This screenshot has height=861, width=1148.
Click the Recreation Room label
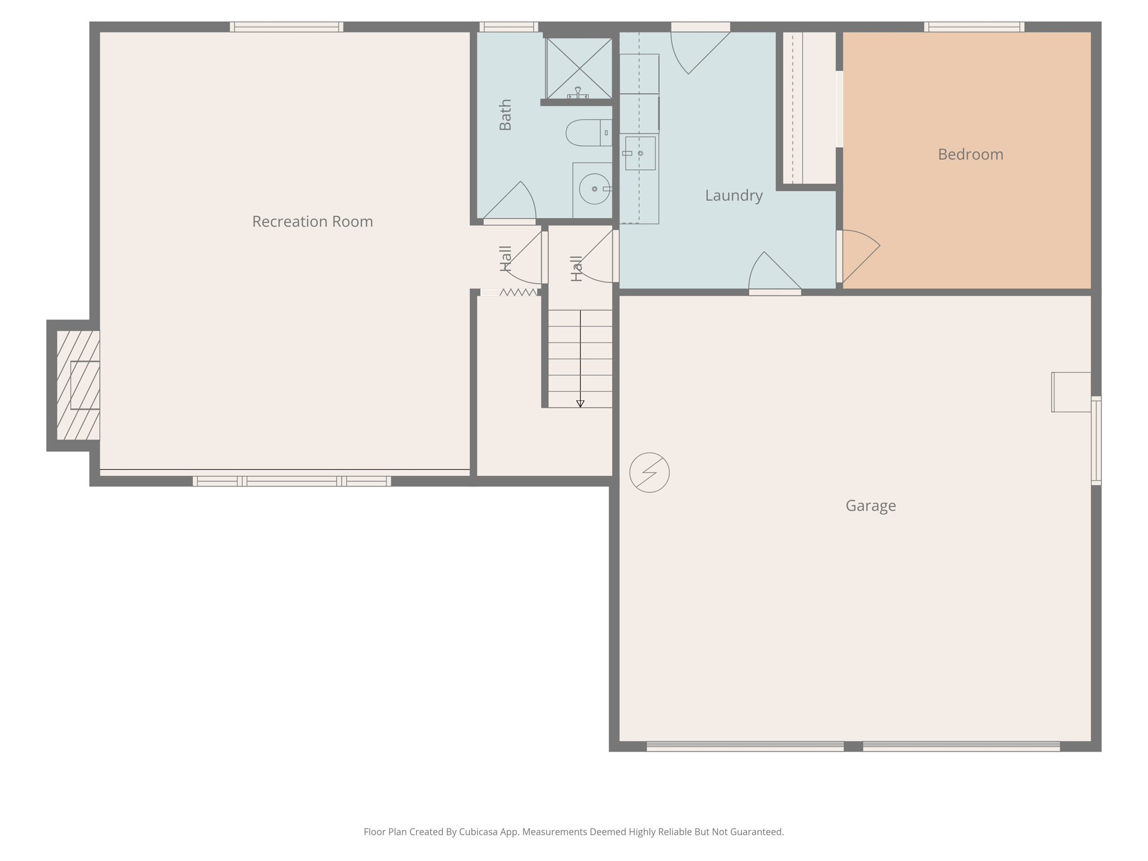click(312, 221)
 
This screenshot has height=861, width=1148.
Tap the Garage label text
click(870, 506)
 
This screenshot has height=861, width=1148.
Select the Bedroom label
click(970, 154)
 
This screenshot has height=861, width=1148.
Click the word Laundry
click(733, 195)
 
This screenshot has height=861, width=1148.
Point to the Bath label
click(505, 115)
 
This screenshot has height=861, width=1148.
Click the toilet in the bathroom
click(587, 133)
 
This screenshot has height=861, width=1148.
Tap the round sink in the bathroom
click(594, 189)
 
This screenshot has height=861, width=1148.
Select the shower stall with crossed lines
click(579, 67)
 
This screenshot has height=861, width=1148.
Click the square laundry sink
click(640, 153)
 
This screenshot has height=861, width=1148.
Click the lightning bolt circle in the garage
click(649, 473)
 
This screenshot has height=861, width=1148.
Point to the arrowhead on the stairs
click(580, 404)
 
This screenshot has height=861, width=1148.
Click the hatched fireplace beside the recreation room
click(78, 385)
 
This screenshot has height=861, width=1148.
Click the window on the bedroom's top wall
click(974, 27)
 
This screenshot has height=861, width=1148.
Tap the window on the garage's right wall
click(1096, 440)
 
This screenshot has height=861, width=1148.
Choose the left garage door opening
click(744, 746)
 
